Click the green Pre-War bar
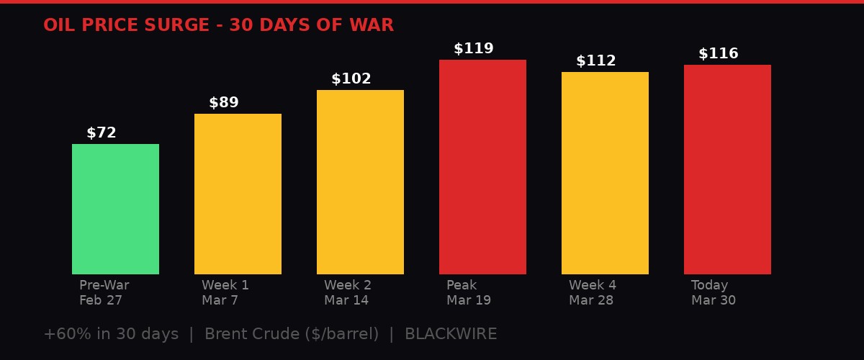coord(115,209)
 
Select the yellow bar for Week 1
coord(238,194)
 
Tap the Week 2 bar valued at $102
coord(360,181)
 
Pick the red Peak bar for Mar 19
coord(482,167)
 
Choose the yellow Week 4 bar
coord(605,173)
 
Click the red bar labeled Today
coord(727,169)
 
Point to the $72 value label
coord(102,133)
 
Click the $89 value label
coord(224,103)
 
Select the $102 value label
coord(351,79)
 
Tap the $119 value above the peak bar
coord(474,49)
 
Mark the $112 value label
coord(596,61)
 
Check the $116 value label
coord(719,54)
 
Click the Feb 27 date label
coord(101,300)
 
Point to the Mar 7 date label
coord(220,300)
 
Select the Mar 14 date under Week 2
coord(346,300)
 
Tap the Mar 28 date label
coord(591,300)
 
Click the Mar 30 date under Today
coord(714,300)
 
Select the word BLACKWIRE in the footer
coord(451,334)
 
